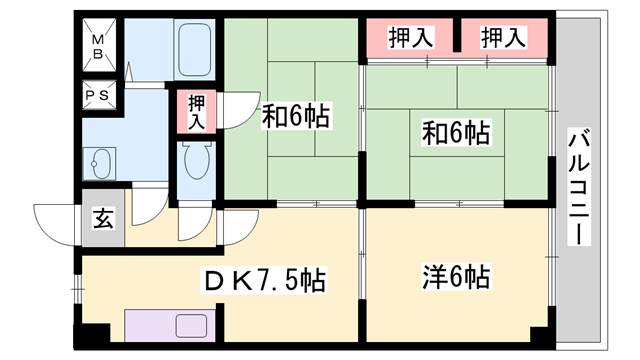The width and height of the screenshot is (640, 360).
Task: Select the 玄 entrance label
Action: [x=101, y=217]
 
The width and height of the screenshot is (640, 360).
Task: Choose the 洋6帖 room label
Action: [x=455, y=274]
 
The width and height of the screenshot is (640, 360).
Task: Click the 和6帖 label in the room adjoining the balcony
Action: [x=455, y=131]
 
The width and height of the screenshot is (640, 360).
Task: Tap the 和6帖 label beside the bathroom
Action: [x=297, y=116]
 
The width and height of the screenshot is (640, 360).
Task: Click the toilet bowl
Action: [x=196, y=160]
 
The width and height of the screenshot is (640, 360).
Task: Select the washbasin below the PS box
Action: [x=100, y=162]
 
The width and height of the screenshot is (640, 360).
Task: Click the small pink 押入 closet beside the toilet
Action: [x=197, y=112]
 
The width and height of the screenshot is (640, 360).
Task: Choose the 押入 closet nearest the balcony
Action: [x=504, y=38]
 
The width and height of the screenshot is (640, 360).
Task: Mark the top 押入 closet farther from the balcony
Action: [x=410, y=38]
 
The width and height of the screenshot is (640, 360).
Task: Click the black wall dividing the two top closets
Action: [x=457, y=37]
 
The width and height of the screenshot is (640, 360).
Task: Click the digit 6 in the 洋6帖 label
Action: [x=455, y=274]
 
